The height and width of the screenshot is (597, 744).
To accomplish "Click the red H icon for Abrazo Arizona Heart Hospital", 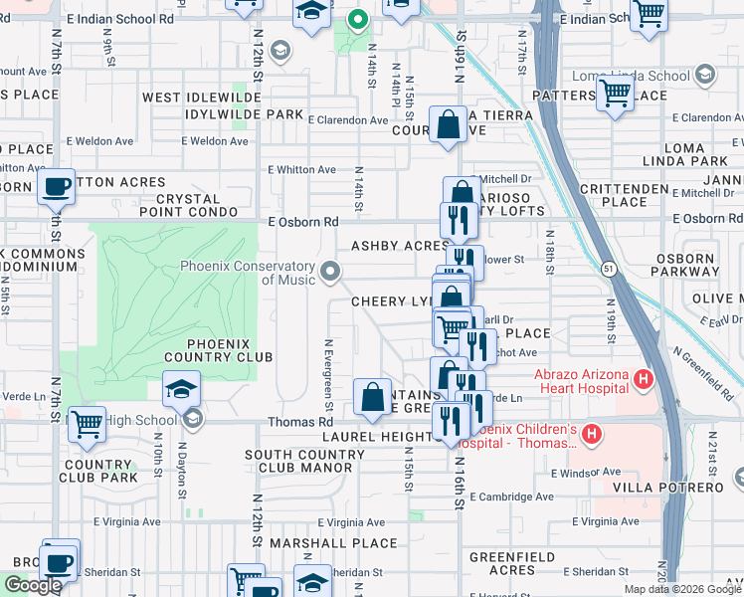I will coord(644,379).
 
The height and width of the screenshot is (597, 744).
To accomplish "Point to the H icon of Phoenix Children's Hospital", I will coord(593,434).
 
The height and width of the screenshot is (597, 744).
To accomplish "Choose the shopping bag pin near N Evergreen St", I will coord(372,398).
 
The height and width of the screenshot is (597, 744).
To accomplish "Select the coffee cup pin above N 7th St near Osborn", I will coord(57,186).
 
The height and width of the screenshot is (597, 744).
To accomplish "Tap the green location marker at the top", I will coord(357,18).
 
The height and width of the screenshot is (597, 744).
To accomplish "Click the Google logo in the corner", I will coord(34,585).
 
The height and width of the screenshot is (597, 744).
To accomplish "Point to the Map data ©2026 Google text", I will coord(682,589).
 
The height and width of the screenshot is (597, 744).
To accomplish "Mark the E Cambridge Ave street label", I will coord(512,497).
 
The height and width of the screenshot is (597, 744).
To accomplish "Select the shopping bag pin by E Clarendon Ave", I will coord(449,124).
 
